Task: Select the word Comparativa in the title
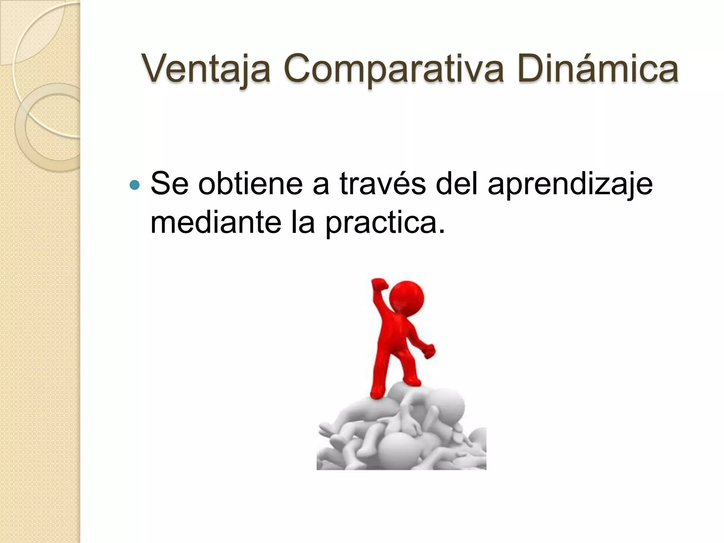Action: (x=393, y=69)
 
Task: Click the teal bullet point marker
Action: (x=135, y=185)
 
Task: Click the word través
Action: (x=383, y=184)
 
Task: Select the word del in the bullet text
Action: (x=456, y=184)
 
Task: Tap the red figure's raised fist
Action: (x=379, y=285)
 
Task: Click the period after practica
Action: (x=441, y=232)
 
